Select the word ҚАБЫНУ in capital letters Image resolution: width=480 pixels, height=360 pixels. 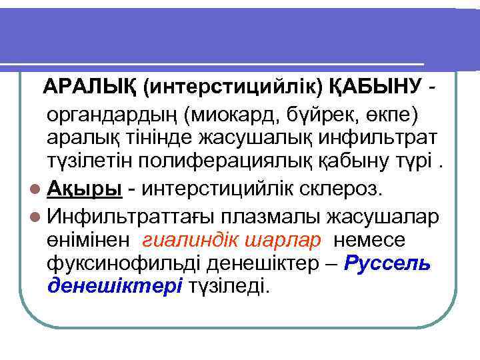click(373, 87)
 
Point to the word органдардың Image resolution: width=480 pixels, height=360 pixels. click(117, 113)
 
